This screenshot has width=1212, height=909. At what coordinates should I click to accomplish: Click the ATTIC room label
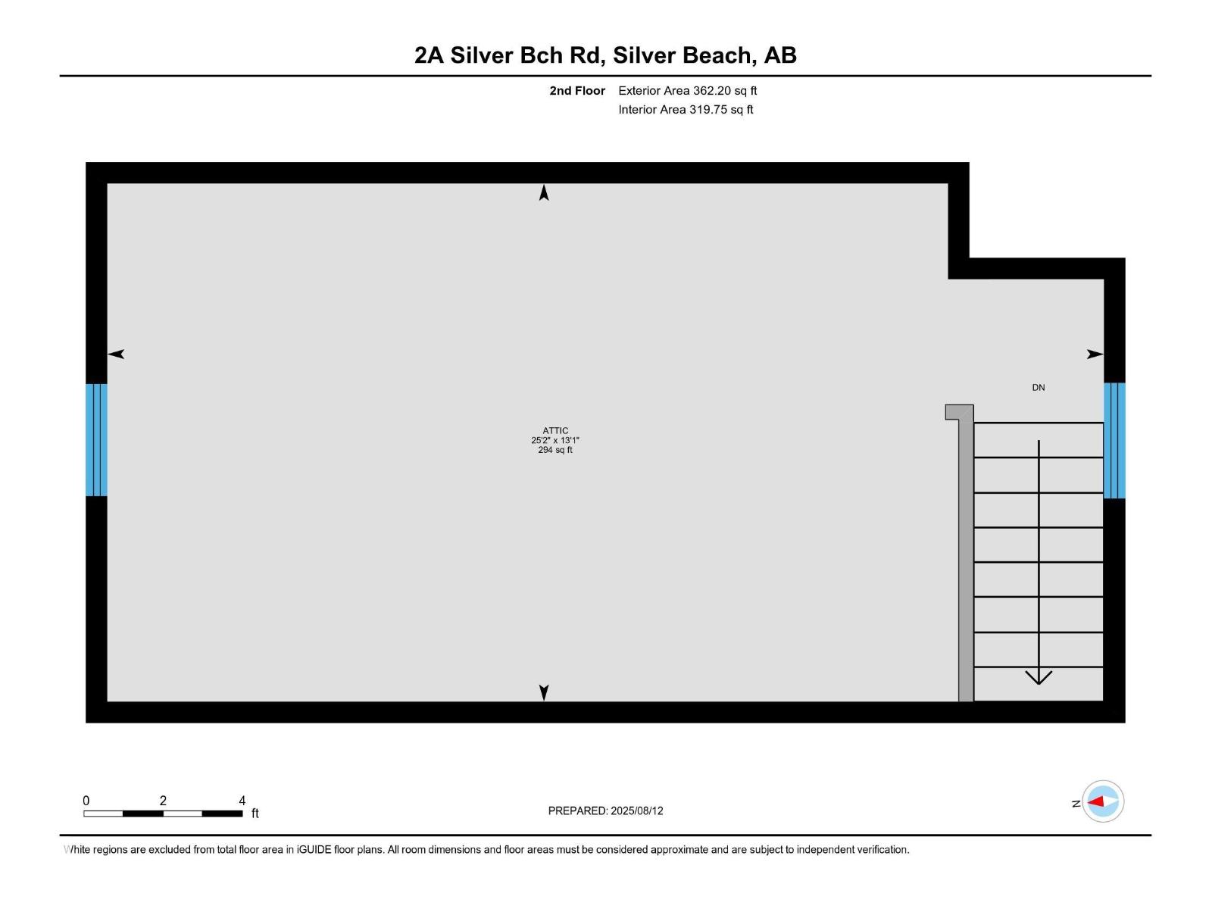coord(555,430)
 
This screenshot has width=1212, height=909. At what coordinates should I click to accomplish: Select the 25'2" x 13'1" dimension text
coord(555,440)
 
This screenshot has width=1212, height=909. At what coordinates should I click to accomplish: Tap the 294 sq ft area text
coord(555,450)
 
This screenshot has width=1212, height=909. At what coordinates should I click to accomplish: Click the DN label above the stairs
coord(1039,388)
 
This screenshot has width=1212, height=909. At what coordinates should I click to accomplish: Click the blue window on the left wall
coord(96,440)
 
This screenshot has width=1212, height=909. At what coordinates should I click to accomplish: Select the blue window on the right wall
coord(1114,440)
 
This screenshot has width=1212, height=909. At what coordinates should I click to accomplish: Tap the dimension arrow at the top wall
coord(544,193)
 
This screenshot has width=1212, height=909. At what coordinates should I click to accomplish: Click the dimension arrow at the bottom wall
coord(544,692)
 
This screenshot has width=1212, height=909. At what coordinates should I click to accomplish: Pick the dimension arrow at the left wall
coord(116,354)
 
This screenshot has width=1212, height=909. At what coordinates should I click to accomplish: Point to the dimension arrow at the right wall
coord(1095,354)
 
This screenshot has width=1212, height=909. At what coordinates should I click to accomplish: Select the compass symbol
coord(1102,801)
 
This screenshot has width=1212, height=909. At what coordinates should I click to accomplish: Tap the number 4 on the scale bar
coord(242,801)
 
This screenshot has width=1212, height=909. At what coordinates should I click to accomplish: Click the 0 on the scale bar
coord(86,801)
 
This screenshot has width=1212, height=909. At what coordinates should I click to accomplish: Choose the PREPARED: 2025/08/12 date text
coord(605,811)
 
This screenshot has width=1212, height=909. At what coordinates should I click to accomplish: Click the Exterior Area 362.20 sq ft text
coord(687,91)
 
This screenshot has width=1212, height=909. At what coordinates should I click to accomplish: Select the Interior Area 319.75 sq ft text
coord(686,110)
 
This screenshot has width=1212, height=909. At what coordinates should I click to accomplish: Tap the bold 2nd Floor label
coord(577,91)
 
